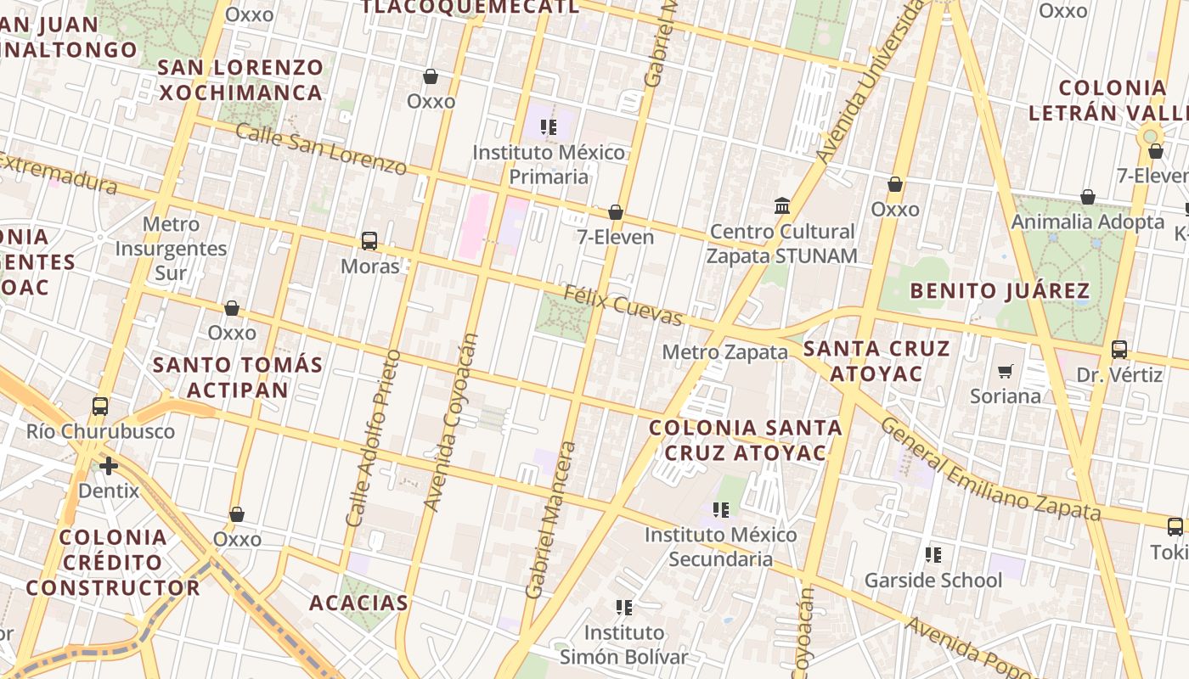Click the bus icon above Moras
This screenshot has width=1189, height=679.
[x=369, y=241]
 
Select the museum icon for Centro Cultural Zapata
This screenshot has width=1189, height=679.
[x=782, y=206]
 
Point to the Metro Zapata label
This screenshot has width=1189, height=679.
[x=724, y=352]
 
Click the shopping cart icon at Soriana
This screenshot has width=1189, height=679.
[x=1006, y=371]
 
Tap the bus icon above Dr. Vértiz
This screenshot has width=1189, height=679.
[x=1119, y=350]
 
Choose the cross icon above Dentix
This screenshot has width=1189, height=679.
[x=109, y=466]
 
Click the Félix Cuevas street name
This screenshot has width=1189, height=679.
[x=623, y=306]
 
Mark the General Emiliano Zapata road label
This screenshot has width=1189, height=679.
[x=989, y=469]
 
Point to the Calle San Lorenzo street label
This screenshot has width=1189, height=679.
[x=320, y=149]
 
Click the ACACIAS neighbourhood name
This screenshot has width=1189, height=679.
[x=358, y=603]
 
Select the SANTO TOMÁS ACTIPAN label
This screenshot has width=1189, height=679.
[x=238, y=378]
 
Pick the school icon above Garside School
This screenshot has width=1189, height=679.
[x=933, y=555]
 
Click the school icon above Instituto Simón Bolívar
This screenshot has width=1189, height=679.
[x=624, y=608]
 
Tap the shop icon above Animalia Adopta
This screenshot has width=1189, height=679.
[x=1088, y=198]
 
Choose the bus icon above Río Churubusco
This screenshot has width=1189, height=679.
[x=100, y=407]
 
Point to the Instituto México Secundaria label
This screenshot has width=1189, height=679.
[x=720, y=547]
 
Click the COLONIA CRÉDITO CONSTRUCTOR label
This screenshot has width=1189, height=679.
[x=113, y=562]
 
